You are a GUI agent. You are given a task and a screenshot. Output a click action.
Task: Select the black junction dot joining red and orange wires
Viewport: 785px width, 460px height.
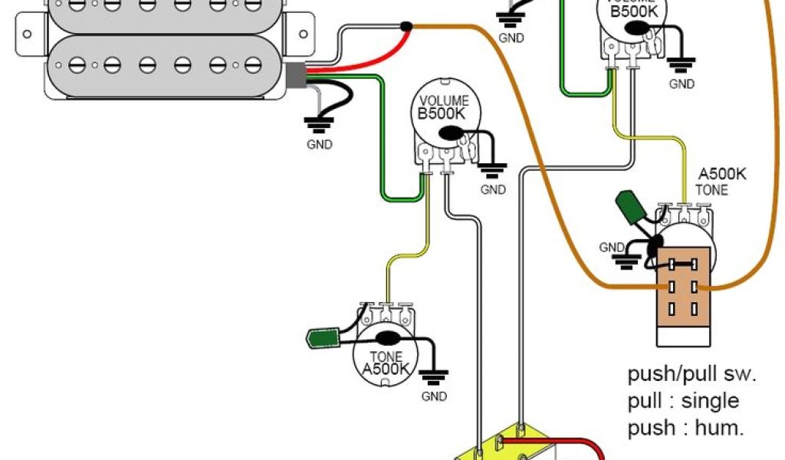(x=406, y=28)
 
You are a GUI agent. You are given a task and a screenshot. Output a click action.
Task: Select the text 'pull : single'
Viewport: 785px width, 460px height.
(x=683, y=401)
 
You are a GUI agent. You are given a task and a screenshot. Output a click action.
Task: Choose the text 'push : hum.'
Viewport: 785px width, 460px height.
(x=685, y=428)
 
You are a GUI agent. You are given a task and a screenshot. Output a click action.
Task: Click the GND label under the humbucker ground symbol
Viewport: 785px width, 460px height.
(x=319, y=145)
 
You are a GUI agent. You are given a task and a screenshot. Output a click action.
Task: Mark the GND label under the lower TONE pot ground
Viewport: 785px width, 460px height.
(x=434, y=396)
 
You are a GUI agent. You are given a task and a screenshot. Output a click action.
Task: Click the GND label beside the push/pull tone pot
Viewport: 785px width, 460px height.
(x=612, y=248)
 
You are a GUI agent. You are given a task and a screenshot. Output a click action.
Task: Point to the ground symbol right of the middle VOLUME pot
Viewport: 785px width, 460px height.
(x=491, y=168)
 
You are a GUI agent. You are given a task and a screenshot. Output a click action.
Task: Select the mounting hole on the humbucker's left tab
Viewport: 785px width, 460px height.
(x=26, y=34)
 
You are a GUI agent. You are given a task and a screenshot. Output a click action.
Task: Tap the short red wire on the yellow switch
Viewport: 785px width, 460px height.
(x=560, y=443)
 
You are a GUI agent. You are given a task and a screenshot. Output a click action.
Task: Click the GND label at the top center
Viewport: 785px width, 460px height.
(x=511, y=38)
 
